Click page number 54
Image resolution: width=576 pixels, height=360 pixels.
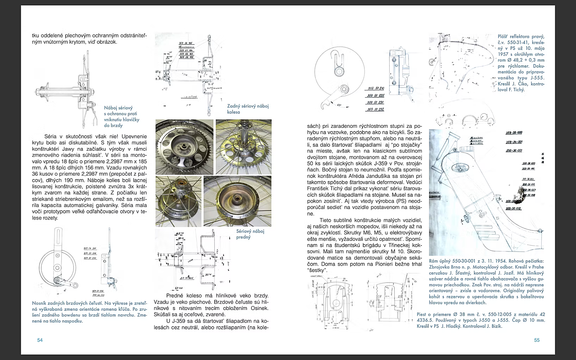[40, 340]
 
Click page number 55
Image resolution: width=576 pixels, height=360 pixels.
[537, 340]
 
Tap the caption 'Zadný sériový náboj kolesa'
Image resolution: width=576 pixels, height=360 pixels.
[248, 109]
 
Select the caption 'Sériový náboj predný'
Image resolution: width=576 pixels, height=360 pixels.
[250, 234]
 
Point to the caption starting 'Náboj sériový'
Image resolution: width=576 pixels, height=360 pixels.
[121, 117]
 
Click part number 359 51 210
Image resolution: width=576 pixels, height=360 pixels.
[375, 88]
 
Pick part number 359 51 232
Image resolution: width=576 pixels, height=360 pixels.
[375, 109]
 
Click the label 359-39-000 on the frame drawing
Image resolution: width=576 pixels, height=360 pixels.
[514, 133]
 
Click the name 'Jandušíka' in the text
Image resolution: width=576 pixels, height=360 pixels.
[396, 176]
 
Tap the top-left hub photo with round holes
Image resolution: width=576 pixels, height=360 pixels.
[184, 147]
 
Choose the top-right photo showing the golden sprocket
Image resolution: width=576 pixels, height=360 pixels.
[243, 147]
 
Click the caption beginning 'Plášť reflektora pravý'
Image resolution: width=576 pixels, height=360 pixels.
[521, 63]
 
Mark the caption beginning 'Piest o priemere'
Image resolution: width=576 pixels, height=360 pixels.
[481, 320]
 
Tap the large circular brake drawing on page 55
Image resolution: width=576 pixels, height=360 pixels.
[337, 72]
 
